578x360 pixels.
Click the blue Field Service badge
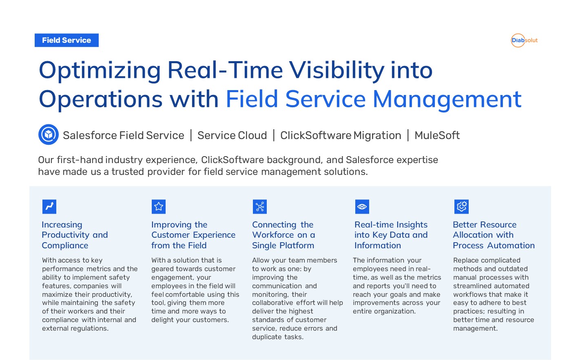(x=66, y=40)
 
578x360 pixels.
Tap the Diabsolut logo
(x=524, y=40)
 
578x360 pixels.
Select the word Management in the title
(x=447, y=100)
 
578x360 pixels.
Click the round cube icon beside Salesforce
(x=49, y=135)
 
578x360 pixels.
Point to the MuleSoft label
(x=437, y=135)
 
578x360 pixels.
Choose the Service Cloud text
(x=232, y=135)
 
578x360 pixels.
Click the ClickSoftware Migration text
(x=341, y=135)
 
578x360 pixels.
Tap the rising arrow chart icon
(x=49, y=207)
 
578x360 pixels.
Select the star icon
(x=159, y=207)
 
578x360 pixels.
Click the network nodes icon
(x=260, y=207)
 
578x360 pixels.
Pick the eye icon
(x=362, y=207)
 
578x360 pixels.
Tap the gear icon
(x=461, y=207)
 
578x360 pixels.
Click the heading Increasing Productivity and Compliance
(x=75, y=235)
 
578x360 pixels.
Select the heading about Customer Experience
(x=193, y=235)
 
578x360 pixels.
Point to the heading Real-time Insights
(x=391, y=235)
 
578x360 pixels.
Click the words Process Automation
(x=494, y=245)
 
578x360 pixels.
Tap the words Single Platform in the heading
(x=283, y=245)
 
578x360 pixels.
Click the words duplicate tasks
(x=278, y=337)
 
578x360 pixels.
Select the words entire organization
(x=384, y=311)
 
